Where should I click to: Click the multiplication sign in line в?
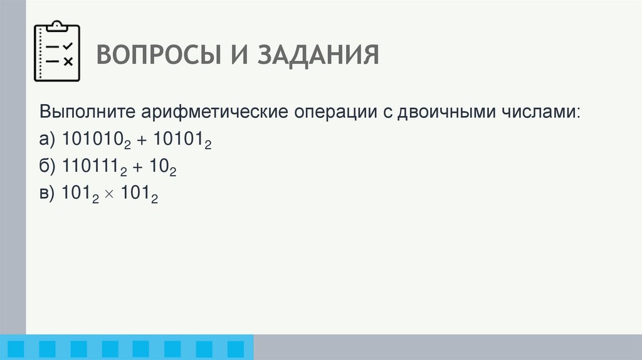[x=110, y=195]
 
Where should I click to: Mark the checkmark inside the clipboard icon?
[x=68, y=46]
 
